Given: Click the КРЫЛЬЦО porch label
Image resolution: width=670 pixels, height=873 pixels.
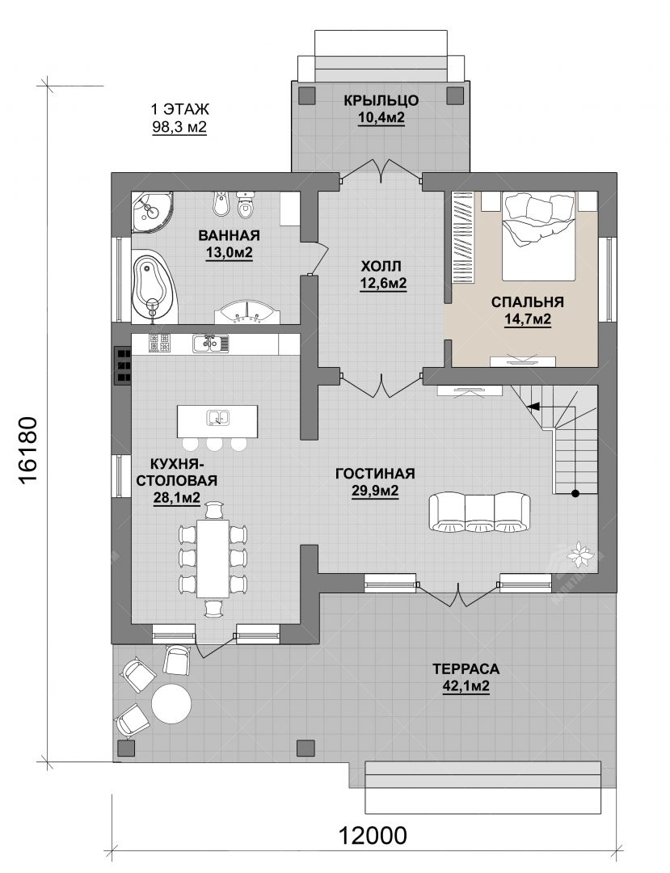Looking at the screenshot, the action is point(381,101).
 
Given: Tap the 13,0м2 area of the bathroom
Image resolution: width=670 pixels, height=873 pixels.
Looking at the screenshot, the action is point(230,253).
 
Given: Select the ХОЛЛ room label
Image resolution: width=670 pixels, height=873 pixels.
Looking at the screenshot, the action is point(381,265).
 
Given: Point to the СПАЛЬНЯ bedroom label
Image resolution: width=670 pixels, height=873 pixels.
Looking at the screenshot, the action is point(527,302).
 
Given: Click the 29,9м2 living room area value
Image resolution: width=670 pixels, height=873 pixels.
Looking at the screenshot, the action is point(374,491).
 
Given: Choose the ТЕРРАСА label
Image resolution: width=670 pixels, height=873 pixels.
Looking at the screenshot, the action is point(466,668).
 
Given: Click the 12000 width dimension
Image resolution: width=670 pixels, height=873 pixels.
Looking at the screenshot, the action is point(373,835).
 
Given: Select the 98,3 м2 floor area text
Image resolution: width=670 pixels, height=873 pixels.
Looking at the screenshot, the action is point(179,127).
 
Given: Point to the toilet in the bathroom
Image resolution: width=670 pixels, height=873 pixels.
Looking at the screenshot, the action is point(245,205).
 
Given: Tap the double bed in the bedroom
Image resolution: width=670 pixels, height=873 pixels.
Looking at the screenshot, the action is point(538,236).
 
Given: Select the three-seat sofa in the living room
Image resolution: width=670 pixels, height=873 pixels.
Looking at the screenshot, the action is point(479,512).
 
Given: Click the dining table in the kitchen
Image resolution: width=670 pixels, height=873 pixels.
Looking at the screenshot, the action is point(213,558).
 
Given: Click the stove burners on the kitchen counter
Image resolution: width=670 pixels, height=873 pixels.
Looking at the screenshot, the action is point(159,343).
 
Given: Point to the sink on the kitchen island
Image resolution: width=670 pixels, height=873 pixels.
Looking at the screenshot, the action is point(217,417).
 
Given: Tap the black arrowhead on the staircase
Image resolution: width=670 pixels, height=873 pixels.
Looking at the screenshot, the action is point(533,407).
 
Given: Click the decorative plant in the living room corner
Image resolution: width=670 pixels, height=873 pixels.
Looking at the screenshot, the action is point(580,552).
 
